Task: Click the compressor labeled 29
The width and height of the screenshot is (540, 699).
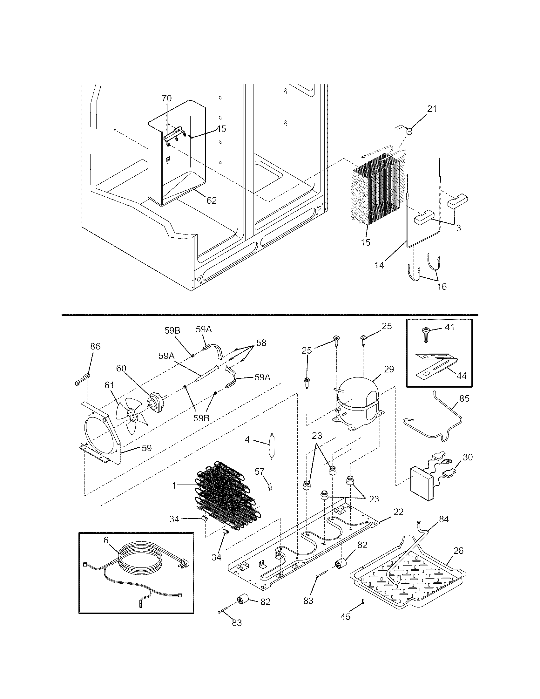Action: [x=357, y=400]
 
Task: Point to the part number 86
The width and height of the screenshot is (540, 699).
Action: [x=95, y=346]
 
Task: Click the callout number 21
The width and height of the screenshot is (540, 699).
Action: [x=432, y=109]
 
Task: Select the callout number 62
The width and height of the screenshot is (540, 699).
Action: [x=212, y=200]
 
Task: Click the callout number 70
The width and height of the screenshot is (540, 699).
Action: [x=166, y=98]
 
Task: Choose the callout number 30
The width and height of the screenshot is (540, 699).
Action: [x=467, y=457]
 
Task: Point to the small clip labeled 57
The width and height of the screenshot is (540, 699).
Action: [x=269, y=486]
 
